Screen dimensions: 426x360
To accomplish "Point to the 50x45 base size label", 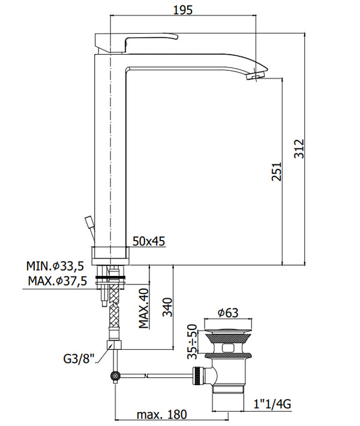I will pyautogui.click(x=149, y=241).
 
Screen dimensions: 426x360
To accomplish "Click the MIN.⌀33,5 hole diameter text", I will pyautogui.click(x=55, y=266).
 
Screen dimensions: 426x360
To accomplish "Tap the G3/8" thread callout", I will pyautogui.click(x=79, y=360).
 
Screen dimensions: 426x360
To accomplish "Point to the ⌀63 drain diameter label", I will pyautogui.click(x=227, y=313).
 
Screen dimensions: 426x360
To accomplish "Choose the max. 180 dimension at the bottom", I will pyautogui.click(x=161, y=414).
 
